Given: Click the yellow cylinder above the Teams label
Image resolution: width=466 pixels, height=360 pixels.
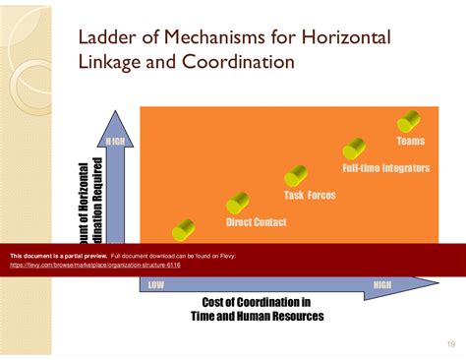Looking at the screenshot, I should [x=409, y=122].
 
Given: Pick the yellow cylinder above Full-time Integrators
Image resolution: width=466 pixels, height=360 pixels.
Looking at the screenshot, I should [x=354, y=150].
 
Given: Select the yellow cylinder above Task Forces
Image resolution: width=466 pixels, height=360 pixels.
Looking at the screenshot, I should [x=296, y=176].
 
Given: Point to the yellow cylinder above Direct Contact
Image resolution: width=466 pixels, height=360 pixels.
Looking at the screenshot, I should [x=238, y=204].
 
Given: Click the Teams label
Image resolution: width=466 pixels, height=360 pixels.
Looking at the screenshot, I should [x=410, y=142].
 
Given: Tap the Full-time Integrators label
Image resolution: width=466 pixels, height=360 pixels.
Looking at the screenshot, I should [x=385, y=168].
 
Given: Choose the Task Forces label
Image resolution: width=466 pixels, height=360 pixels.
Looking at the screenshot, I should [x=310, y=195].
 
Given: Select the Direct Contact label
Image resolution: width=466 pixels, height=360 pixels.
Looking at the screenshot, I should [x=256, y=222].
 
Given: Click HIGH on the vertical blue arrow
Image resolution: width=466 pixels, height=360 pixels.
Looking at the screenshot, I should [x=115, y=142].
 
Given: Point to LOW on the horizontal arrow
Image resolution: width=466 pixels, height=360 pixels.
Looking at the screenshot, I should [x=155, y=285].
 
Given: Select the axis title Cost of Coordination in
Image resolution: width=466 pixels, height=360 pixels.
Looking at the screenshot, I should [x=257, y=302].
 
